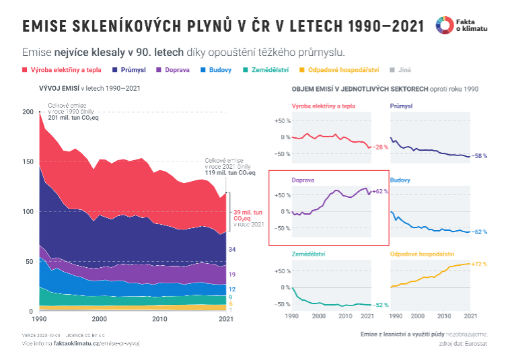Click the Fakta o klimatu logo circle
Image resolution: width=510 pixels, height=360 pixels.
point(444,25)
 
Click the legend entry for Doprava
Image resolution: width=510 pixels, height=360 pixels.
point(174,69)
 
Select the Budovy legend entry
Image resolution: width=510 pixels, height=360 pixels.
point(221,69)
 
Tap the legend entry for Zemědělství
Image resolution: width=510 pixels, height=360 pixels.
point(268,69)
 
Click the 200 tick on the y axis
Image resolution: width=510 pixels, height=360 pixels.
point(27,112)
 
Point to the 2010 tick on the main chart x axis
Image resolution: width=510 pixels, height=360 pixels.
point(159,319)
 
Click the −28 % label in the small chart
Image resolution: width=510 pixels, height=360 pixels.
point(380,147)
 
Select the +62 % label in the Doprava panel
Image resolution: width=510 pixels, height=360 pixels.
point(380,191)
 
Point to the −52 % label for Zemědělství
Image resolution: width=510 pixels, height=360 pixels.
point(380,305)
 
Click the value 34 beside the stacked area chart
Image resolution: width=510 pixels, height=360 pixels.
point(231,250)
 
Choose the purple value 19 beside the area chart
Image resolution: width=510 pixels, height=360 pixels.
point(231,275)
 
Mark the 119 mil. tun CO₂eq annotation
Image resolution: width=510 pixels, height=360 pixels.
point(230,173)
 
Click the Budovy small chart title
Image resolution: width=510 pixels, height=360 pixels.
point(400,180)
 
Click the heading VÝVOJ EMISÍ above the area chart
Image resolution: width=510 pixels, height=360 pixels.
point(60,88)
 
